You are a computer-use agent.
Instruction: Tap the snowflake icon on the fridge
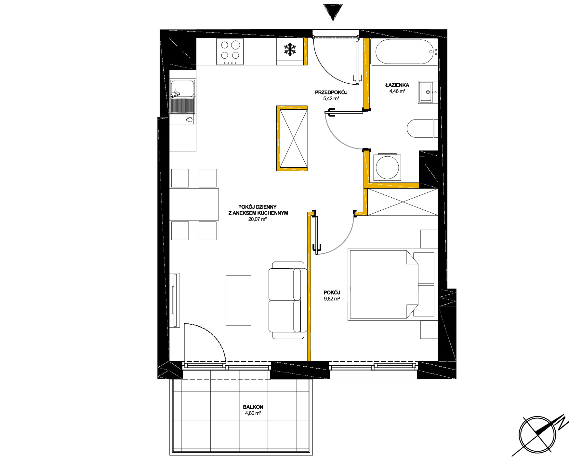pyautogui.click(x=290, y=49)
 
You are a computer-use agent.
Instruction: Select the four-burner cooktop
pyautogui.click(x=230, y=51)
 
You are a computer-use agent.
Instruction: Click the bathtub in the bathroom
pyautogui.click(x=404, y=52)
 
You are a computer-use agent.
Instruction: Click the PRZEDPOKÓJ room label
pyautogui.click(x=331, y=92)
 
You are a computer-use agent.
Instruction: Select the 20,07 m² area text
pyautogui.click(x=258, y=219)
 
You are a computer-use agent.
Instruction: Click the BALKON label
pyautogui.click(x=253, y=407)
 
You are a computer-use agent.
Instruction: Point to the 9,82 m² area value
pyautogui.click(x=332, y=299)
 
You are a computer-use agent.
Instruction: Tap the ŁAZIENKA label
pyautogui.click(x=397, y=85)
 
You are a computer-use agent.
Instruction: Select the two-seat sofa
pyautogui.click(x=288, y=300)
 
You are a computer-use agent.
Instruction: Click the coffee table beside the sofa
pyautogui.click(x=238, y=300)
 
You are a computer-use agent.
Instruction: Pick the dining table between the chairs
pyautogui.click(x=194, y=204)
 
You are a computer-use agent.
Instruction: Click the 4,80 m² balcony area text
pyautogui.click(x=253, y=413)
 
